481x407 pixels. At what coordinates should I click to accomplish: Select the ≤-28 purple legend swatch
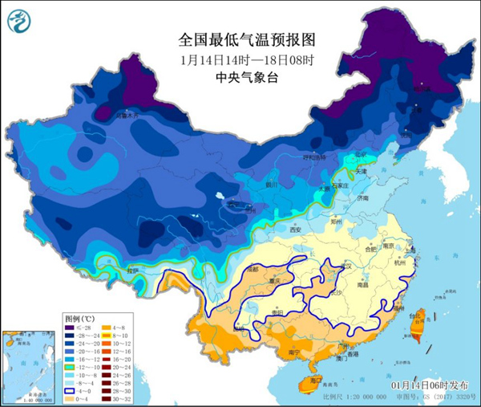tap(71, 328)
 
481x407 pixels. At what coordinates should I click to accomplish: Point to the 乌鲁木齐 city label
tap(127, 116)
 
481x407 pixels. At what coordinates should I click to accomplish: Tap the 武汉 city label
tap(346, 266)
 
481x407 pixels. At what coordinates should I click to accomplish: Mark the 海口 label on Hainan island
tap(315, 379)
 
